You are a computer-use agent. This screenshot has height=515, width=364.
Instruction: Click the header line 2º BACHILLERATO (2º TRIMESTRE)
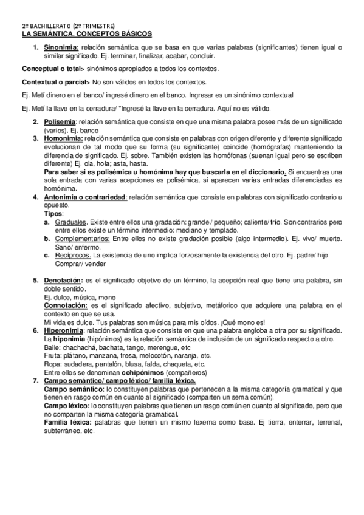(68, 26)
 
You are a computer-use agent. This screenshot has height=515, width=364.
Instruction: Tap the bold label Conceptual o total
(50, 69)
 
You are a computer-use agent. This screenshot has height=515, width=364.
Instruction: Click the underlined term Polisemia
(60, 122)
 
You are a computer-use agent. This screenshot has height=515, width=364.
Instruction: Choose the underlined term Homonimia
(62, 138)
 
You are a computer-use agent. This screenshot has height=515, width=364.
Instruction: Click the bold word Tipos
(54, 214)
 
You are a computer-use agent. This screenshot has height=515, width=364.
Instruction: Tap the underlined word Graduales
(72, 222)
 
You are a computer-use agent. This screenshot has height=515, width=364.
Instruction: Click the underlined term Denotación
(63, 281)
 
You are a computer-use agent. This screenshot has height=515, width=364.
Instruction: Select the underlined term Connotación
(66, 305)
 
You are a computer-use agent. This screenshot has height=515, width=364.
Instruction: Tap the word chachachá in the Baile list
(80, 347)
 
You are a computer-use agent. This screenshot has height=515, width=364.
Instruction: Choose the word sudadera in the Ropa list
(77, 364)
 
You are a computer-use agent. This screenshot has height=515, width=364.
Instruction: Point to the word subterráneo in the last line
(63, 431)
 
